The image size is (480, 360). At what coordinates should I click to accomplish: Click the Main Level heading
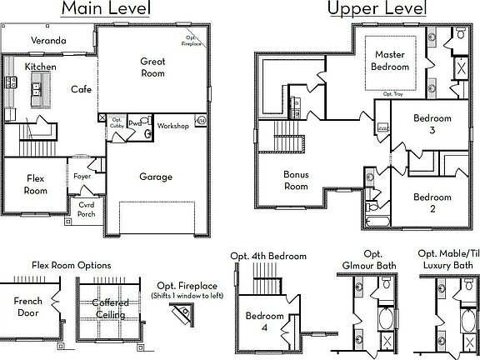click(107, 10)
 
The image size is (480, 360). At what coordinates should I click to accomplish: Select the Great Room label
click(152, 67)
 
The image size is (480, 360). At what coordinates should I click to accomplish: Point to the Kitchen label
click(39, 67)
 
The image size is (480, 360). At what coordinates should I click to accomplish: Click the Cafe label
click(80, 89)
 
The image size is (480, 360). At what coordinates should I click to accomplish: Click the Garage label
click(156, 177)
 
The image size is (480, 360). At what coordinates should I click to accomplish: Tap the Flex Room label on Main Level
click(34, 184)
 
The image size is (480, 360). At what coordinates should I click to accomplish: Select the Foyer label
click(82, 177)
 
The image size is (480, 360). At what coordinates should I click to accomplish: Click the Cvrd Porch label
click(87, 208)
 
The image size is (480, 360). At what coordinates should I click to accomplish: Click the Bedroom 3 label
click(432, 124)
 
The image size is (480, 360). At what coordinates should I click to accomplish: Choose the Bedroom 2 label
click(432, 202)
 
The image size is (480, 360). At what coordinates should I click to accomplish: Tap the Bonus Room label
click(296, 181)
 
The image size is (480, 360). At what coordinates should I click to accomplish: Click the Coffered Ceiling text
click(108, 309)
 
